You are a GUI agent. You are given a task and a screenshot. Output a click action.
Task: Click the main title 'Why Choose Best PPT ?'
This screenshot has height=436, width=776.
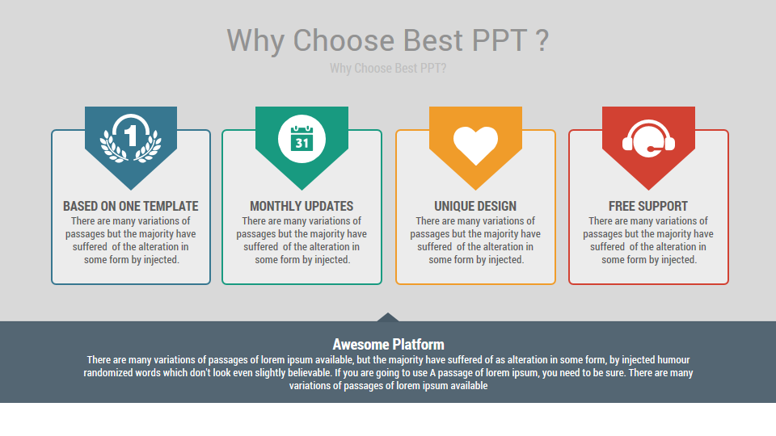(x=388, y=40)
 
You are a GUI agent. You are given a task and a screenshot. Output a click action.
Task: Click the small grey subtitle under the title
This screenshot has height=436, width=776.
(x=388, y=69)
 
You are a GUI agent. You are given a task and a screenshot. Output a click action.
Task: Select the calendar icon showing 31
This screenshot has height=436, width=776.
(x=302, y=138)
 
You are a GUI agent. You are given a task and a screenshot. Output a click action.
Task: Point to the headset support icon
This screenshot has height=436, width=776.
(x=648, y=139)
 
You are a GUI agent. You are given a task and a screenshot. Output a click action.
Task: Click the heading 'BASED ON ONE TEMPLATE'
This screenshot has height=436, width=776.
(x=131, y=206)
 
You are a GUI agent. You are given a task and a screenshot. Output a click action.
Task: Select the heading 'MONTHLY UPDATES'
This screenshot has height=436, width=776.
(x=302, y=206)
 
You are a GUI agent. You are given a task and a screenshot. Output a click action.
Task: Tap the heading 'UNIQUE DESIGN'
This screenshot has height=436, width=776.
(x=475, y=206)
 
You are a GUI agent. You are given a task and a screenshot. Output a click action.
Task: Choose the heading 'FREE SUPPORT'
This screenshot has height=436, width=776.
(x=648, y=206)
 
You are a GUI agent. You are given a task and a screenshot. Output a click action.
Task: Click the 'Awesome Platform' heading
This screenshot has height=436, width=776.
(x=388, y=344)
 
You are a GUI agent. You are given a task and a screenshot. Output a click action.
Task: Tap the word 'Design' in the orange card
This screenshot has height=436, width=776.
(x=497, y=206)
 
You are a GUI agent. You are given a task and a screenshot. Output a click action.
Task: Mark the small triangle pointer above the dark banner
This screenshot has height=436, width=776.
(x=388, y=317)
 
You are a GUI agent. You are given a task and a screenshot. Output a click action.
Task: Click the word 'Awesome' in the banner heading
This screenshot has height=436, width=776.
(x=361, y=344)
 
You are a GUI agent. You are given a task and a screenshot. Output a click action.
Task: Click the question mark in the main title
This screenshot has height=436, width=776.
(x=543, y=40)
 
